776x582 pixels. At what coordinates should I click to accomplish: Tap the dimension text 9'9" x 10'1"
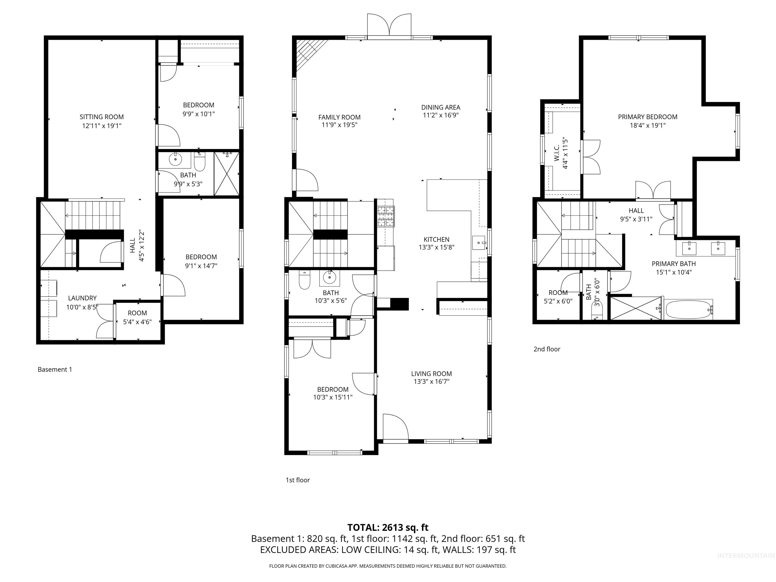click(198, 114)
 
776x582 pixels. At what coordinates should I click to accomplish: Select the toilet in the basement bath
click(199, 162)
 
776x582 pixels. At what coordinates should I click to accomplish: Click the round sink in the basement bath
click(175, 160)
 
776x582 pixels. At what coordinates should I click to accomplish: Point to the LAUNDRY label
click(82, 298)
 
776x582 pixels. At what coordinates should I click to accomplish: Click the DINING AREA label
click(440, 107)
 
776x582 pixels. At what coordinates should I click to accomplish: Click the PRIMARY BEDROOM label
click(647, 117)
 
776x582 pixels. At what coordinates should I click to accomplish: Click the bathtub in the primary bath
click(689, 309)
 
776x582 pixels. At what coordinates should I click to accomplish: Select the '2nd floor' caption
click(547, 349)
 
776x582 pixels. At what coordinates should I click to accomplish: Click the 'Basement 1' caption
click(55, 369)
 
